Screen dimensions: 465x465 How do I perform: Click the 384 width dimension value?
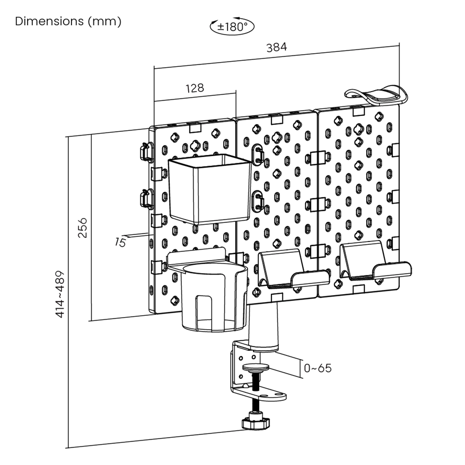tap(276, 47)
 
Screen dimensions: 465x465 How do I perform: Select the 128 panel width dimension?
tap(194, 88)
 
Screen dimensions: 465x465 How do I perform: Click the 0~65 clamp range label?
tap(318, 368)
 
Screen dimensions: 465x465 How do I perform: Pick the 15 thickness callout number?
tap(120, 242)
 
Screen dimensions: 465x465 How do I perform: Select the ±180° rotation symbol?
tap(232, 27)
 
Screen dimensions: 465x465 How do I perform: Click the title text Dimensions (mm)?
tap(68, 21)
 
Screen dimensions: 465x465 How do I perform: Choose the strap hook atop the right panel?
tap(376, 95)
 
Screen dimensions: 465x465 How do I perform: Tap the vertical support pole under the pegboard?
tap(263, 325)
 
